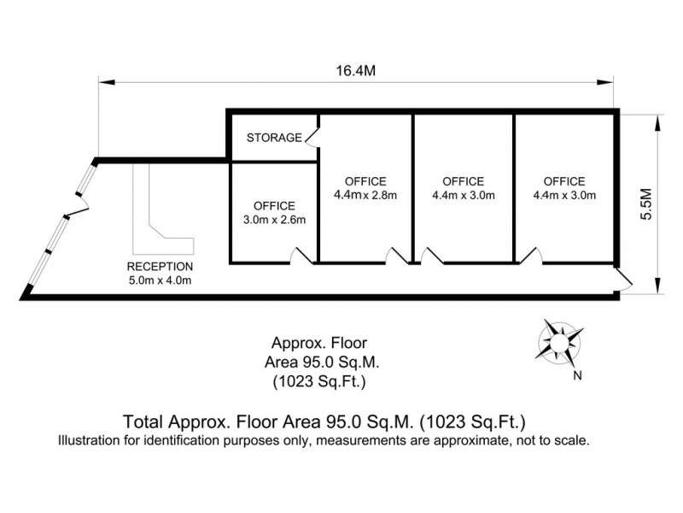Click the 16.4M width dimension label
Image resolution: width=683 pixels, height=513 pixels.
(x=355, y=71)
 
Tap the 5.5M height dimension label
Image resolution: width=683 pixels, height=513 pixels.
(x=647, y=203)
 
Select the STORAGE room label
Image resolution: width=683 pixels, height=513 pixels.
(x=274, y=138)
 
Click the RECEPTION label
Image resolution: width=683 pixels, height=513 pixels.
(x=160, y=267)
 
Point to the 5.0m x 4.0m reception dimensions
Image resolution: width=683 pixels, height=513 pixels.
(x=160, y=280)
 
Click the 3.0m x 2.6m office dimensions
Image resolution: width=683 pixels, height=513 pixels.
(x=274, y=220)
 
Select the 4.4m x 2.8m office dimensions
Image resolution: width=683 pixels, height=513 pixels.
(x=365, y=195)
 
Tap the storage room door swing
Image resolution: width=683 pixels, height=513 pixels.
(x=312, y=137)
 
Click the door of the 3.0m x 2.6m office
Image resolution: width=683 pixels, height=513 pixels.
(x=301, y=256)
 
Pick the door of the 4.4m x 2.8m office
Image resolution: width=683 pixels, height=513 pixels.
(x=397, y=256)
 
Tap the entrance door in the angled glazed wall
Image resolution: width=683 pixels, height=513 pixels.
(x=79, y=205)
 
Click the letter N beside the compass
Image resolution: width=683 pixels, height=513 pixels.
(x=578, y=375)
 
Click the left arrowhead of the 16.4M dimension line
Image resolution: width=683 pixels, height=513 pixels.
(x=107, y=82)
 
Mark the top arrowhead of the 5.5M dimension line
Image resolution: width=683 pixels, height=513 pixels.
(x=657, y=123)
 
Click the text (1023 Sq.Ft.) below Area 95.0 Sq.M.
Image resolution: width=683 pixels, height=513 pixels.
(x=319, y=381)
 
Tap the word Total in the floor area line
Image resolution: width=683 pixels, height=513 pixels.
(x=143, y=422)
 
